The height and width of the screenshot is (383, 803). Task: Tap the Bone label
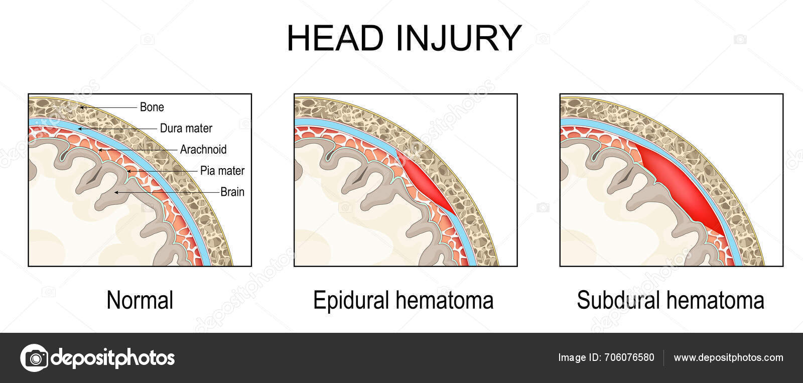pyautogui.click(x=152, y=107)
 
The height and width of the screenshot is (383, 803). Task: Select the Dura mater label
pyautogui.click(x=186, y=128)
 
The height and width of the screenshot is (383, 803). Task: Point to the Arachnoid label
pyautogui.click(x=203, y=149)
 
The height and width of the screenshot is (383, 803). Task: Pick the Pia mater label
pyautogui.click(x=222, y=171)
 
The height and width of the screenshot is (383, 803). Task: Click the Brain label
pyautogui.click(x=232, y=192)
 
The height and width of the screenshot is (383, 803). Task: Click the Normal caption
pyautogui.click(x=140, y=300)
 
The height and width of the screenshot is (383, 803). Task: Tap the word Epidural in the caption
pyautogui.click(x=351, y=300)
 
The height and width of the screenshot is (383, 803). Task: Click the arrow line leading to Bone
pyautogui.click(x=110, y=107)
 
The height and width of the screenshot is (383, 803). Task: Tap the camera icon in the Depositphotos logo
pyautogui.click(x=34, y=358)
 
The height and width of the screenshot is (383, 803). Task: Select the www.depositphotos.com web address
pyautogui.click(x=728, y=358)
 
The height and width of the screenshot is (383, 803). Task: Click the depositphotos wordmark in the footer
pyautogui.click(x=113, y=358)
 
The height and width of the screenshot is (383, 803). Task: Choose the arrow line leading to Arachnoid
pyautogui.click(x=141, y=150)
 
